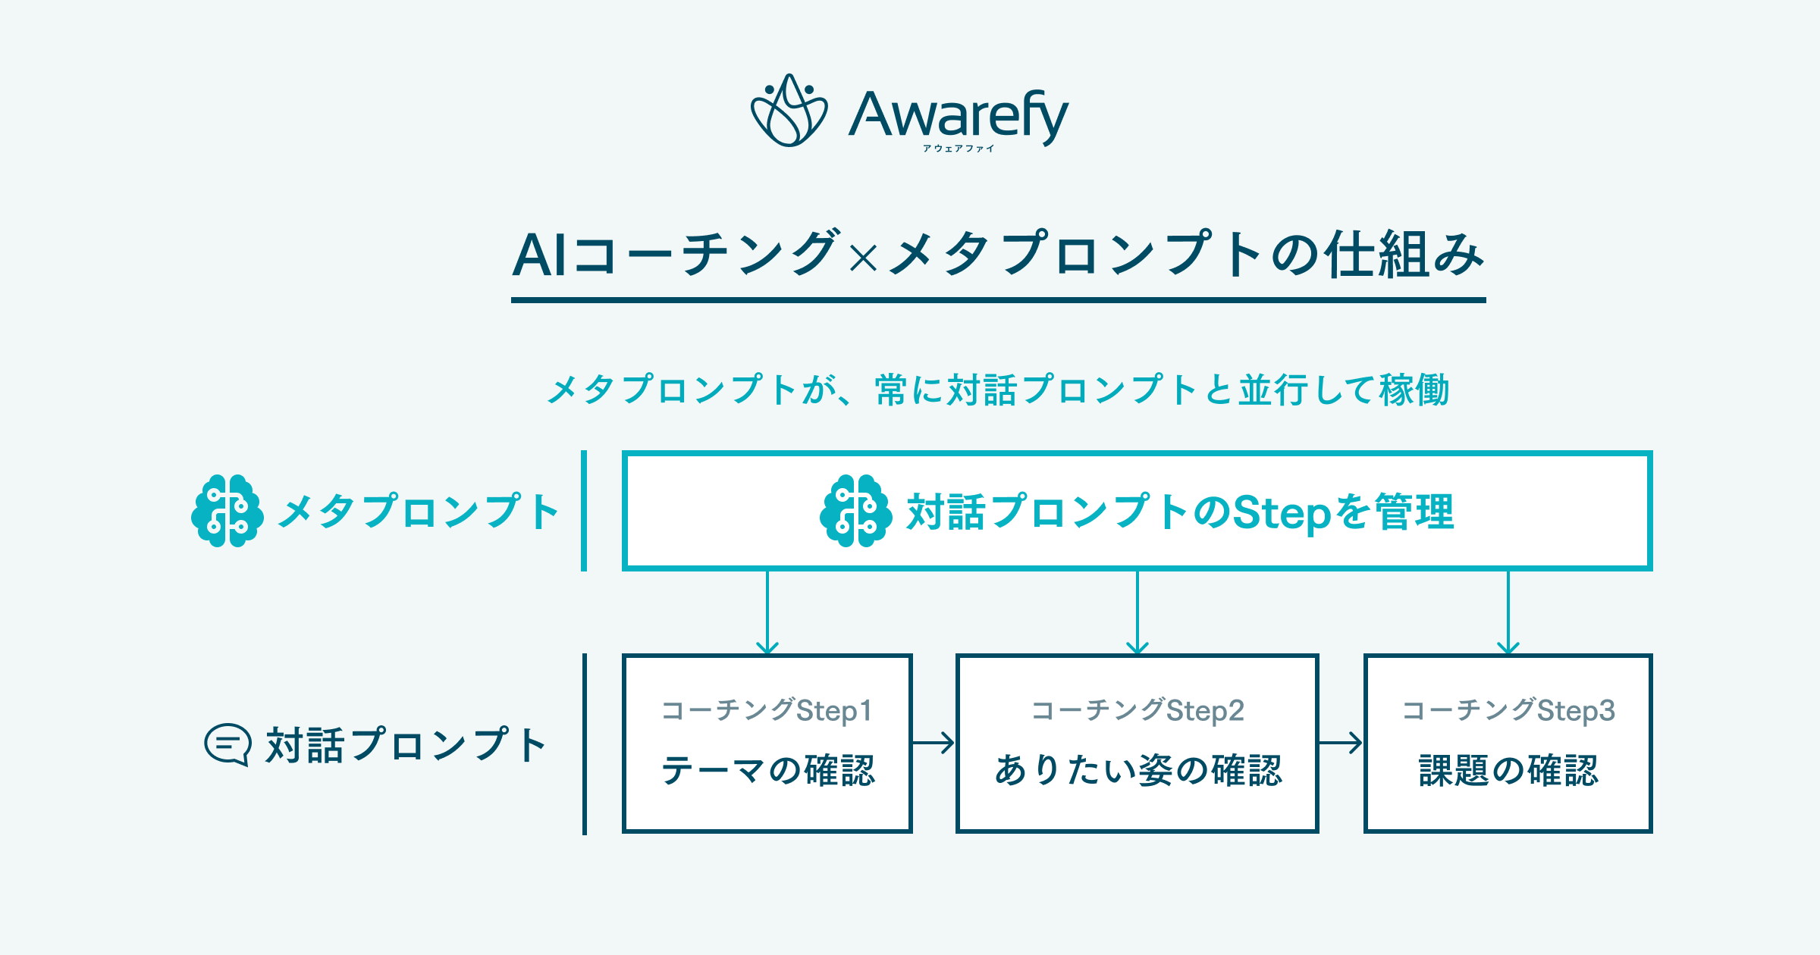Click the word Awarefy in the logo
pyautogui.click(x=958, y=114)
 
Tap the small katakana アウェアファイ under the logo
pyautogui.click(x=958, y=149)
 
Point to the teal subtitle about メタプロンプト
pyautogui.click(x=997, y=390)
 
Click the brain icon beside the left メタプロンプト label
pyautogui.click(x=227, y=511)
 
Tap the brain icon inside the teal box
pyautogui.click(x=855, y=511)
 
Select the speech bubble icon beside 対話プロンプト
pyautogui.click(x=227, y=744)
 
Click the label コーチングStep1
pyautogui.click(x=767, y=711)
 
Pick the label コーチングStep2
pyautogui.click(x=1137, y=711)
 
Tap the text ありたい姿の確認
pyautogui.click(x=1137, y=770)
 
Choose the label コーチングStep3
pyautogui.click(x=1508, y=711)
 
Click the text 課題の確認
pyautogui.click(x=1508, y=770)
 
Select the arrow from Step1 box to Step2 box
pyautogui.click(x=934, y=743)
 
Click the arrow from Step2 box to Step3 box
pyautogui.click(x=1341, y=743)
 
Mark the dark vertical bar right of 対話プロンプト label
pyautogui.click(x=585, y=744)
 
